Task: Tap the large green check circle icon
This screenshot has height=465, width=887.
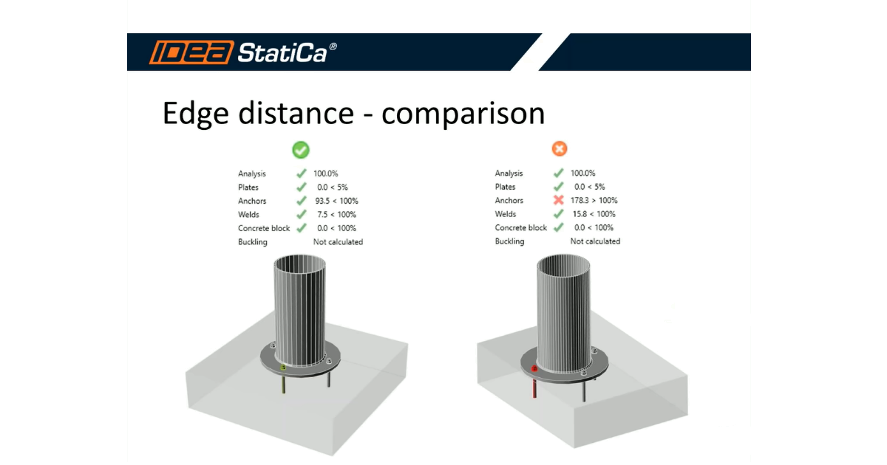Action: tap(301, 150)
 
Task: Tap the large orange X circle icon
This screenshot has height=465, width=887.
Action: tap(560, 150)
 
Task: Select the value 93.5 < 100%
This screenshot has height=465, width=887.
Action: tap(337, 201)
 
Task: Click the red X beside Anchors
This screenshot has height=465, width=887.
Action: tap(559, 201)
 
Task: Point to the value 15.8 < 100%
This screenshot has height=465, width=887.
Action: tap(594, 215)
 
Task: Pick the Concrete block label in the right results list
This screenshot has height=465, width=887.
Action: tap(521, 228)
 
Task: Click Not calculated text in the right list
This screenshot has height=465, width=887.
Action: tap(595, 241)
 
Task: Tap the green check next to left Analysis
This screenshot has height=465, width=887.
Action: tap(301, 173)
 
